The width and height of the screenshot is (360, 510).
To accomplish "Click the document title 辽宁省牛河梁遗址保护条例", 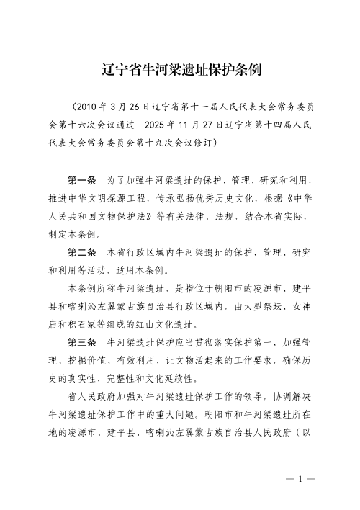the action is (x=180, y=71).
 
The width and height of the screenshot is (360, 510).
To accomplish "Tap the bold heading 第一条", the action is (x=81, y=177).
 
